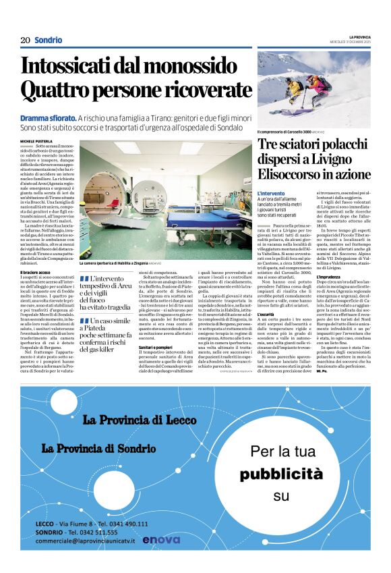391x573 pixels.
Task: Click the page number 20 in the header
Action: (26, 40)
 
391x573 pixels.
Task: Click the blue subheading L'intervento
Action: (271, 194)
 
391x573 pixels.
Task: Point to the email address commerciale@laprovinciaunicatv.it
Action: (86, 541)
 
